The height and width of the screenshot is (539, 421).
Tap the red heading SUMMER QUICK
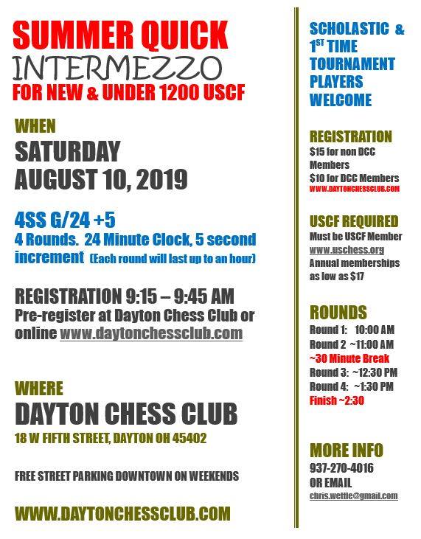(x=121, y=35)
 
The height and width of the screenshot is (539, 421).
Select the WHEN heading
(x=35, y=126)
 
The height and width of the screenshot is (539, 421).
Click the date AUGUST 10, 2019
(x=101, y=178)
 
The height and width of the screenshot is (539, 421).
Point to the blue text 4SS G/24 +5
(x=65, y=219)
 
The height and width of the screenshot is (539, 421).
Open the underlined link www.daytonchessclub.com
(x=151, y=333)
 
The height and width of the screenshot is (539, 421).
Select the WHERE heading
(x=39, y=389)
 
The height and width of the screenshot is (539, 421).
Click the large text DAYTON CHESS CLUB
(x=126, y=411)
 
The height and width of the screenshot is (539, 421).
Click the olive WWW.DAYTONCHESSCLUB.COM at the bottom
(x=122, y=513)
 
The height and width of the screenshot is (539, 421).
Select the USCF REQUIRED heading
(x=354, y=221)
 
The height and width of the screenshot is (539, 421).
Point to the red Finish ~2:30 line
(x=337, y=400)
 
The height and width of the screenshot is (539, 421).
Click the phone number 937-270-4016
(x=341, y=467)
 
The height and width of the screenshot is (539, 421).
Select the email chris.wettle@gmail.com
(x=353, y=495)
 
